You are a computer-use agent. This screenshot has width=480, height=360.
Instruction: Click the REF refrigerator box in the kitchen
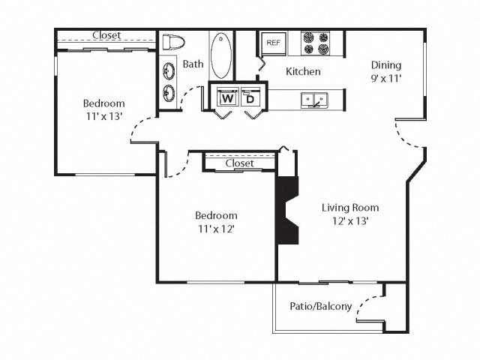tap(272, 43)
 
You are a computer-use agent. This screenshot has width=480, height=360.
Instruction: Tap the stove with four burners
tap(316, 43)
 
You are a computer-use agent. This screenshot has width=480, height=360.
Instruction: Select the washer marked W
tap(227, 97)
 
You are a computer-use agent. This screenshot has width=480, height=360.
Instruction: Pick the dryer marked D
tap(250, 97)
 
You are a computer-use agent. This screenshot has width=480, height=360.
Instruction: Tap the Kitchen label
tap(303, 72)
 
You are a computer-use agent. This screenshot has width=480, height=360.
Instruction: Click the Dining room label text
tap(385, 65)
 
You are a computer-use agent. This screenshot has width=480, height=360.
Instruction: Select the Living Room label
tap(350, 208)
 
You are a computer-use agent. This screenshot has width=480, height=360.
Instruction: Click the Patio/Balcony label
tap(320, 306)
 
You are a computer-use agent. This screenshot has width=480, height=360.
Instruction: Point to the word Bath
tap(193, 64)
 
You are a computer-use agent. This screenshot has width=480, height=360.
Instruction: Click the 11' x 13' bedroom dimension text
tap(104, 116)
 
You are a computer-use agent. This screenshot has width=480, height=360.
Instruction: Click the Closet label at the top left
tap(106, 35)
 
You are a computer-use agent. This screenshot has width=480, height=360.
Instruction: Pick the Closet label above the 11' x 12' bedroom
tap(239, 163)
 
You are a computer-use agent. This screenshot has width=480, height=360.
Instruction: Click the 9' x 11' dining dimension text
tap(385, 78)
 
